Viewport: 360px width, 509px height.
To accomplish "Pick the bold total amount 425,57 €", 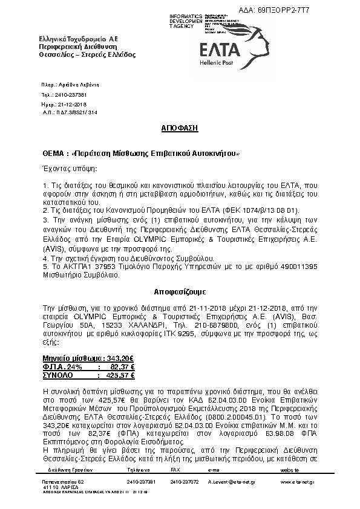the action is coord(122,375).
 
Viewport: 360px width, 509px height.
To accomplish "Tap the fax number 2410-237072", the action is coord(184,482).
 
